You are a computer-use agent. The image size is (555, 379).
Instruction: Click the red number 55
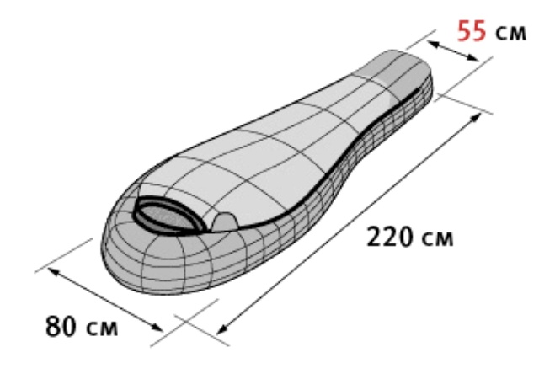point(472,31)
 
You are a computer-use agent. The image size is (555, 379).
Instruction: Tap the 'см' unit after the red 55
point(510,33)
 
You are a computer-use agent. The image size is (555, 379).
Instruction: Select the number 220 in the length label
point(389,237)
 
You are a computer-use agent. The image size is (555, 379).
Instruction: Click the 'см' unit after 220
point(437,239)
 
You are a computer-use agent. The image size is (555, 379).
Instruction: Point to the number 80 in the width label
point(61,326)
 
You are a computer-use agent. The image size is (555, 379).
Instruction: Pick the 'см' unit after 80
point(102,328)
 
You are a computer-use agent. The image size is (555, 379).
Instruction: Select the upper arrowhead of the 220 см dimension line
point(476,118)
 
